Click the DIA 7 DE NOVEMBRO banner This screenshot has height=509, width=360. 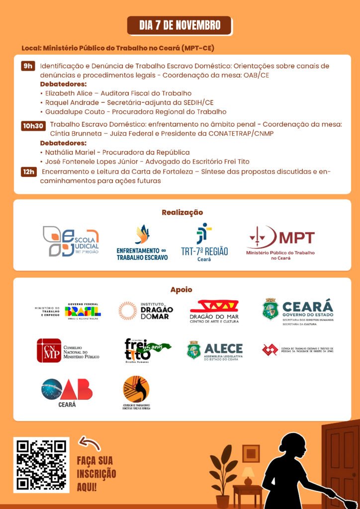click(x=180, y=25)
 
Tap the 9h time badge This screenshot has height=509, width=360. click(x=28, y=66)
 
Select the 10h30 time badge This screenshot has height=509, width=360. click(x=33, y=126)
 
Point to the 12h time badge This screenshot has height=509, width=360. click(x=28, y=172)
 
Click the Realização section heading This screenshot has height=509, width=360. click(x=182, y=212)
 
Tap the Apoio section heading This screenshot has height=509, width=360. click(x=181, y=290)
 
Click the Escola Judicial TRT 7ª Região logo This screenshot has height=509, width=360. click(x=71, y=241)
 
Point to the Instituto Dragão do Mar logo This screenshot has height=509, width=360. click(x=146, y=311)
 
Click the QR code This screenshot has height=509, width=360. click(x=41, y=465)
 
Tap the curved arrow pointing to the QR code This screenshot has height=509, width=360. click(x=90, y=443)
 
